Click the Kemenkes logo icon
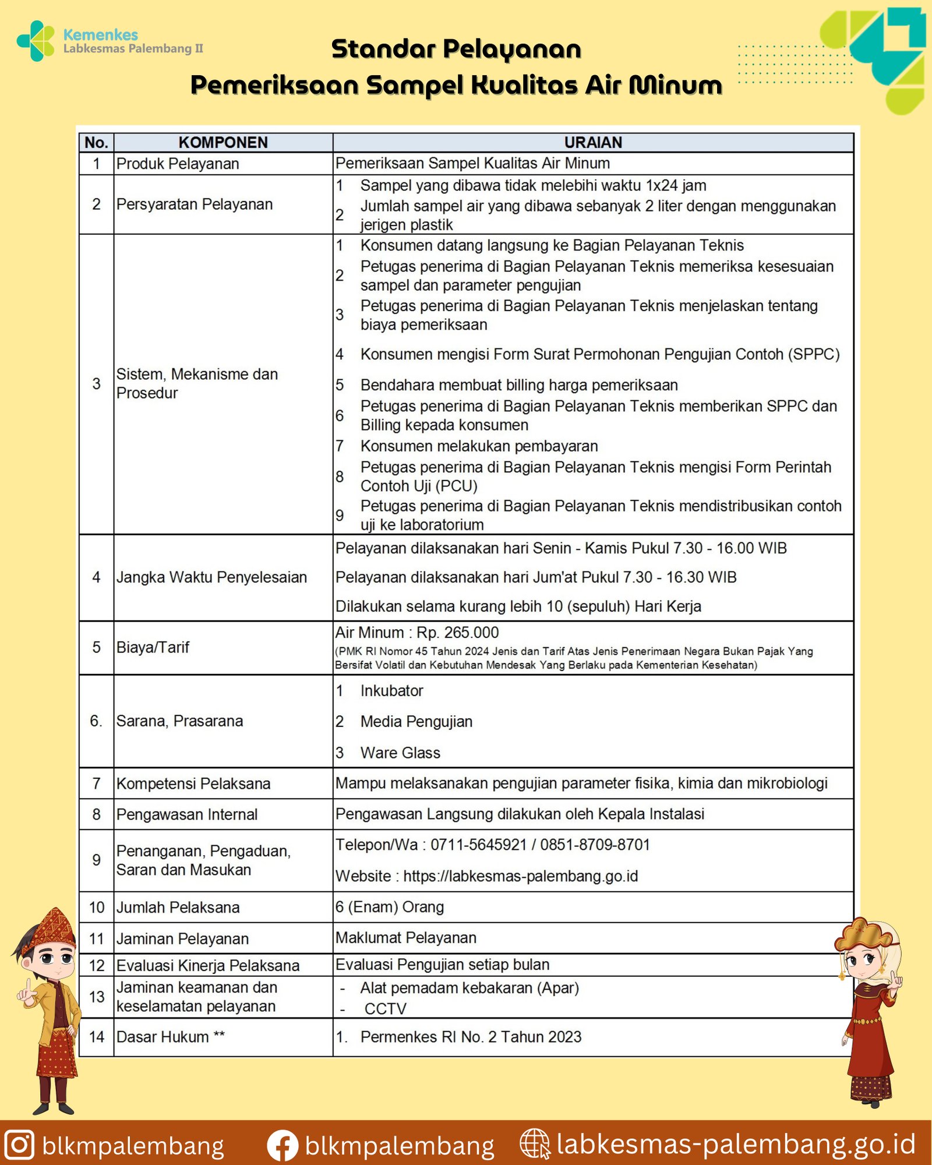tap(36, 41)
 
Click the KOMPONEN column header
tap(223, 142)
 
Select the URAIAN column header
tap(593, 142)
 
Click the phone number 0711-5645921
tap(478, 845)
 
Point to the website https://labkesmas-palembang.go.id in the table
tap(520, 876)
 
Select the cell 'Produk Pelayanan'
tap(178, 164)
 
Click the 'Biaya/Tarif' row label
tap(153, 647)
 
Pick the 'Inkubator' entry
tap(391, 691)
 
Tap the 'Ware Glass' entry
tap(400, 753)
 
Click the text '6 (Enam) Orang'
tap(390, 907)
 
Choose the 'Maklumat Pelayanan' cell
tap(406, 938)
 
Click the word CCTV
tap(385, 1009)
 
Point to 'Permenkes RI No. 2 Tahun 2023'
tap(471, 1037)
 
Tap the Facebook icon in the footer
tap(283, 1145)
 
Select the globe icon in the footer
tap(534, 1144)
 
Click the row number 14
tap(96, 1037)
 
